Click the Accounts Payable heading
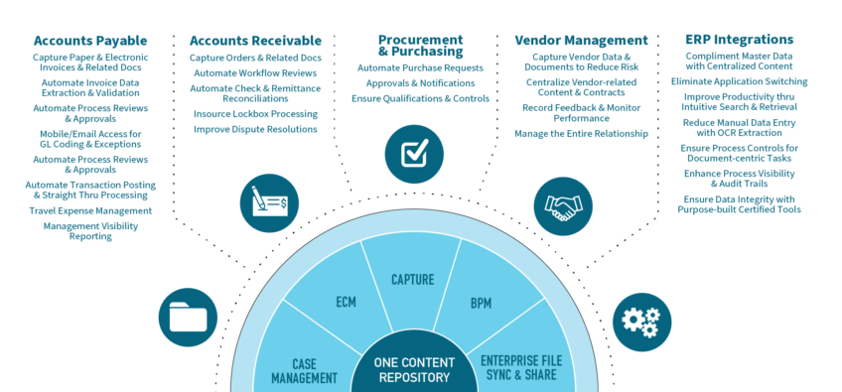click(x=90, y=41)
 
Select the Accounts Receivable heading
click(x=255, y=41)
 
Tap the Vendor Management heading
click(x=581, y=41)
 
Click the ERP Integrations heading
click(x=739, y=40)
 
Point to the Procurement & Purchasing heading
click(x=420, y=46)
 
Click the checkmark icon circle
click(x=413, y=154)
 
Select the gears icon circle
click(x=640, y=318)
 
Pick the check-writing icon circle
click(x=268, y=203)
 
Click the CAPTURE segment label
click(x=412, y=280)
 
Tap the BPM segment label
click(x=481, y=302)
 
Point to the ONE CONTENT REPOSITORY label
click(x=412, y=369)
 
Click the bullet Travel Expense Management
click(x=90, y=210)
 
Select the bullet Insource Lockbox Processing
click(x=255, y=114)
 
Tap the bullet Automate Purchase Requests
click(x=420, y=68)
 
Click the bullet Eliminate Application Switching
click(x=739, y=80)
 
